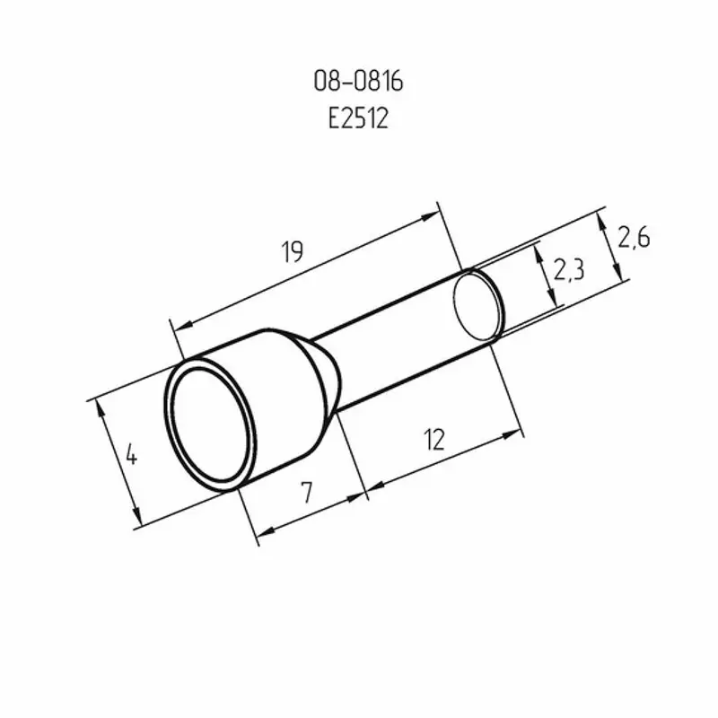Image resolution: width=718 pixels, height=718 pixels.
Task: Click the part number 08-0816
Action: point(358,82)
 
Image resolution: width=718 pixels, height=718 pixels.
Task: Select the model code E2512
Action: point(358,118)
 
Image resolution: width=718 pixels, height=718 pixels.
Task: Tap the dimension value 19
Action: point(293,251)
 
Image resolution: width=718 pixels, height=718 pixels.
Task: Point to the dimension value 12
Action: point(434,440)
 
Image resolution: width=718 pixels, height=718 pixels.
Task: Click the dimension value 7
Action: point(307,492)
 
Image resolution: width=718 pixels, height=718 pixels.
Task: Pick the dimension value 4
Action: point(131,455)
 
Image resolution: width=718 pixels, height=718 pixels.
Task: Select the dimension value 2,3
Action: point(569,269)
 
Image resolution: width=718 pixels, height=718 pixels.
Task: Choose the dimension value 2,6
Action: point(634,238)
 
